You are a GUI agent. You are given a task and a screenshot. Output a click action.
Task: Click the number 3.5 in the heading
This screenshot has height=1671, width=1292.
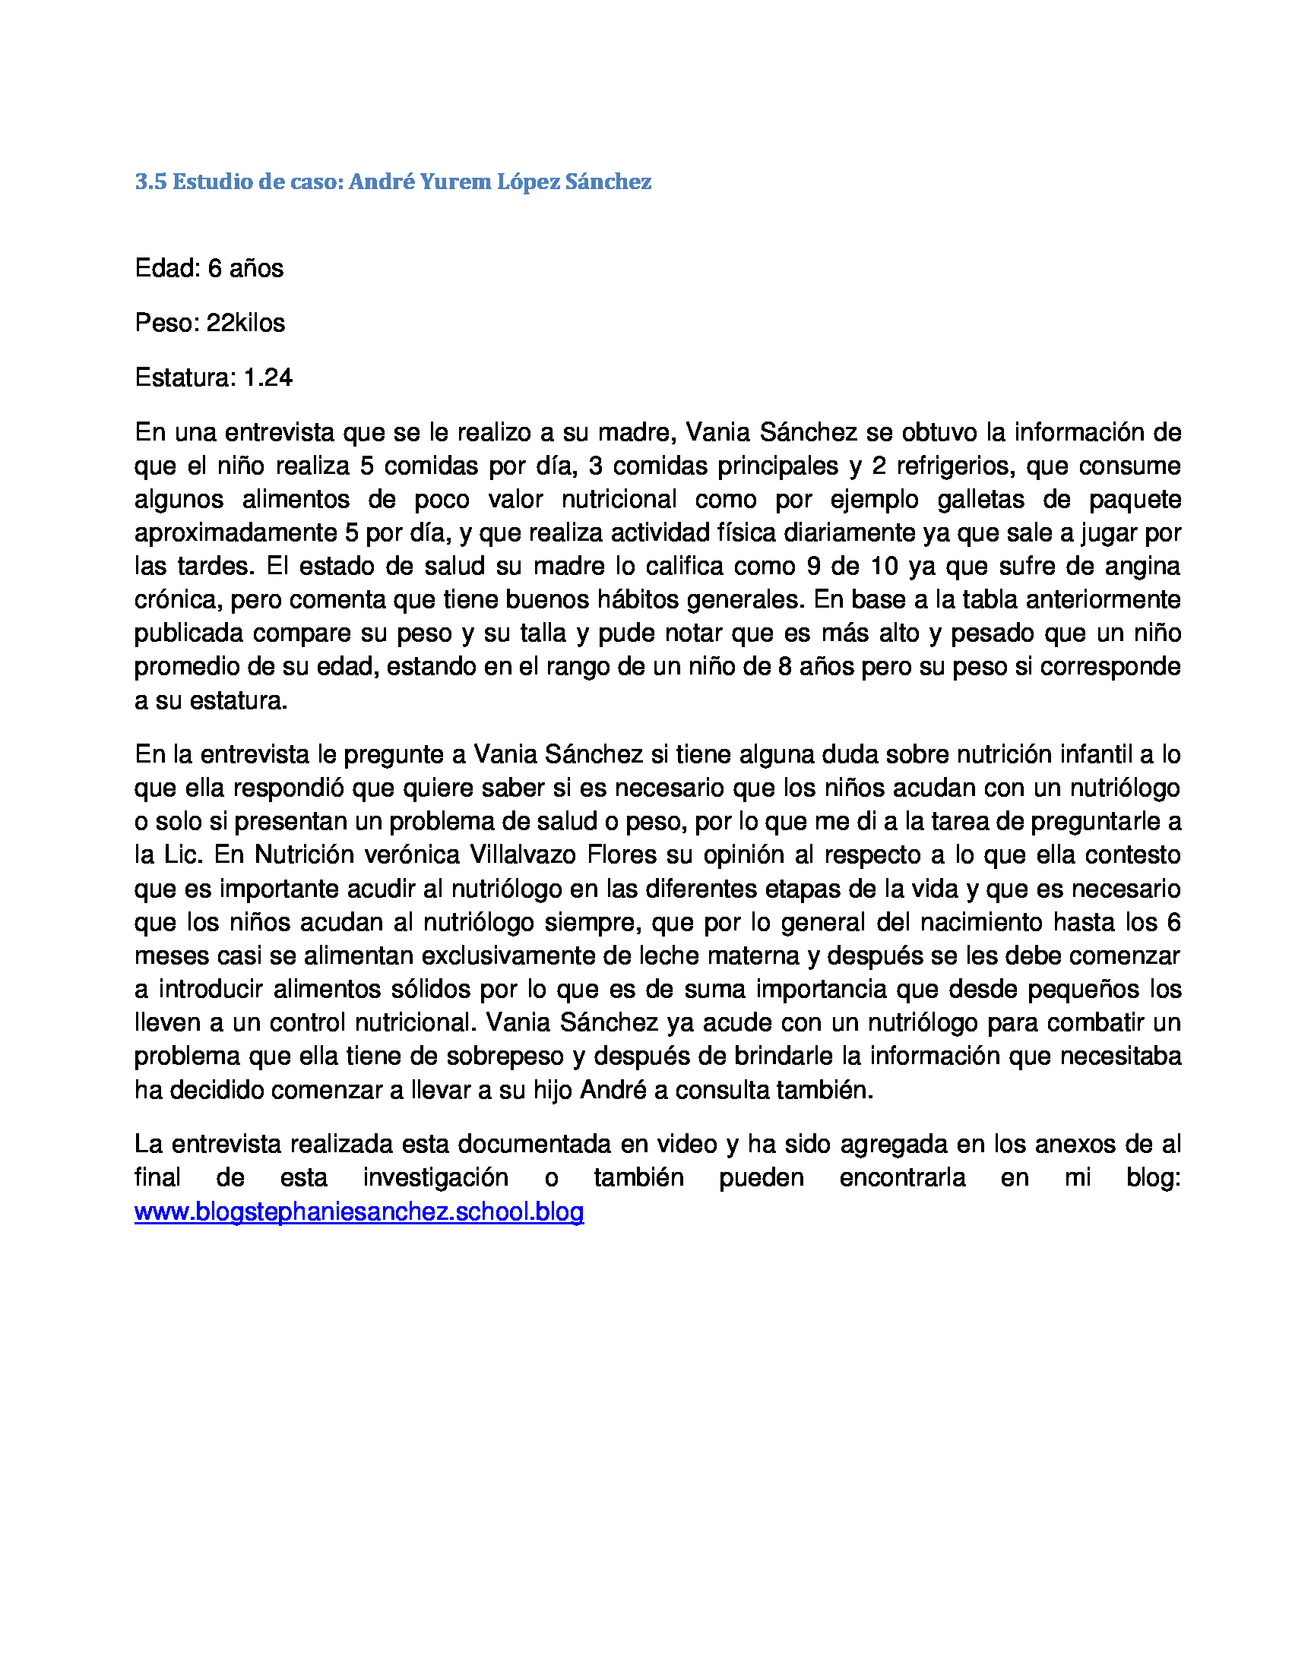point(150,182)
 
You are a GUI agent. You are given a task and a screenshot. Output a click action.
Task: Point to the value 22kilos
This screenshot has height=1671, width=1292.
point(245,323)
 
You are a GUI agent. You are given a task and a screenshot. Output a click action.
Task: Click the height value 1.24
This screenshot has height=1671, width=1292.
point(268,378)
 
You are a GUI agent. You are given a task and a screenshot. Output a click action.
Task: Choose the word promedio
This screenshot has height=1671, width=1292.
point(183,666)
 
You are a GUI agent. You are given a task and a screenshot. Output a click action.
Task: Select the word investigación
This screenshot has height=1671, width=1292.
point(435,1177)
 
